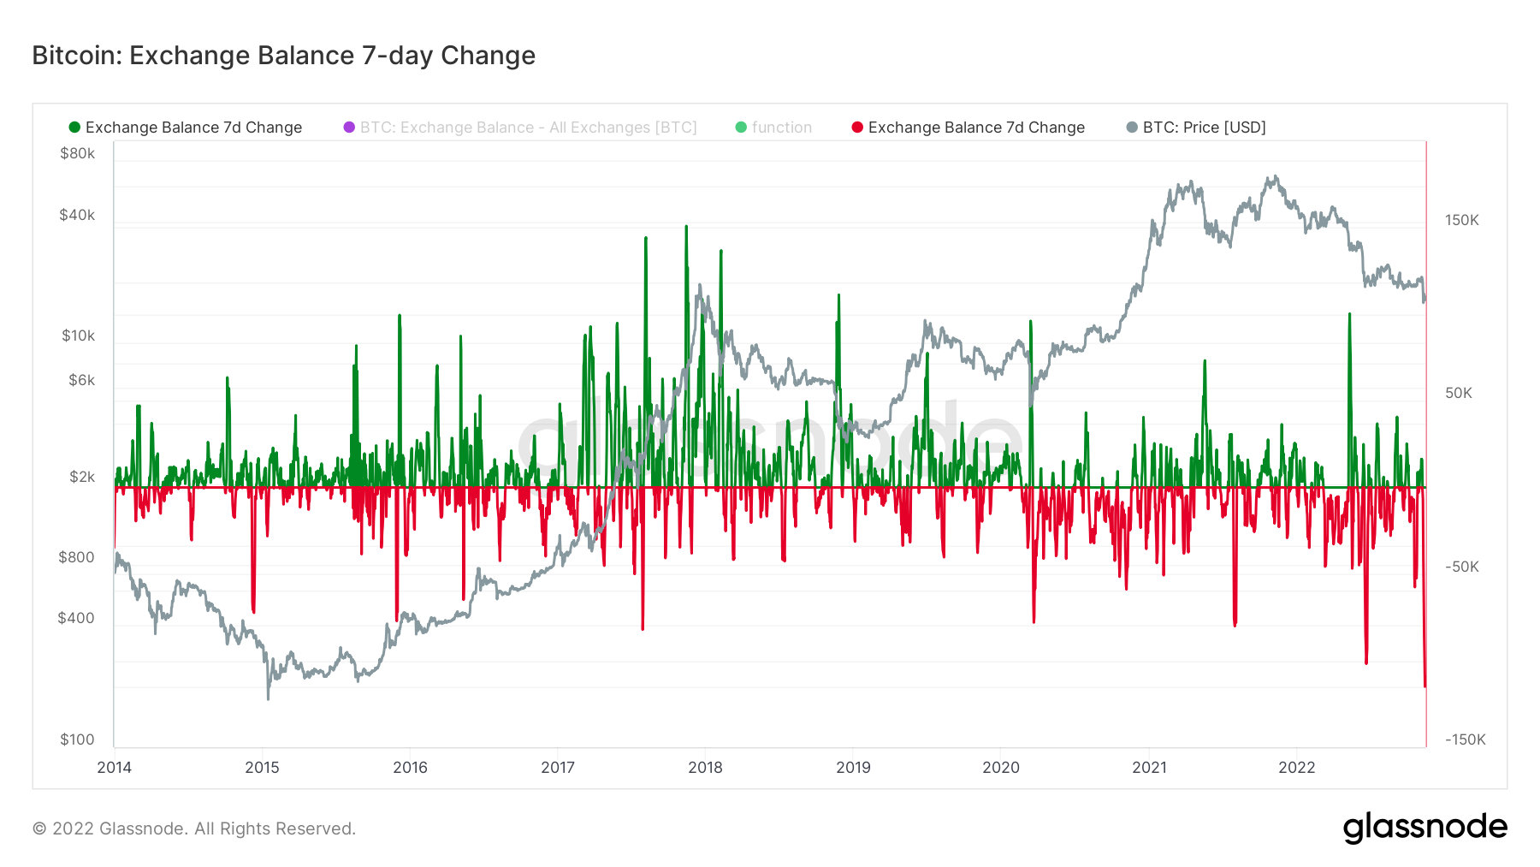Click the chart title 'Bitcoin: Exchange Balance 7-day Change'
pos(283,56)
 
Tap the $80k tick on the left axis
pos(77,153)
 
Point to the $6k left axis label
pos(81,380)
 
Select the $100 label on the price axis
pos(77,739)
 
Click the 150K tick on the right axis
pos(1461,220)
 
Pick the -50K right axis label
pos(1461,567)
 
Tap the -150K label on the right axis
pos(1465,739)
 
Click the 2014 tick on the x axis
pos(114,767)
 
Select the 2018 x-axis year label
pos(705,767)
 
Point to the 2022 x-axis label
pos(1296,767)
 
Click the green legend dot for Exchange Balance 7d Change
pos(74,128)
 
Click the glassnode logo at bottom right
pos(1424,828)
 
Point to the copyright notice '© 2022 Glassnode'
pos(193,828)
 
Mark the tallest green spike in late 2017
pos(685,228)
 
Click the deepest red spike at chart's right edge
pos(1424,685)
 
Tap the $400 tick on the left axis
pos(75,618)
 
